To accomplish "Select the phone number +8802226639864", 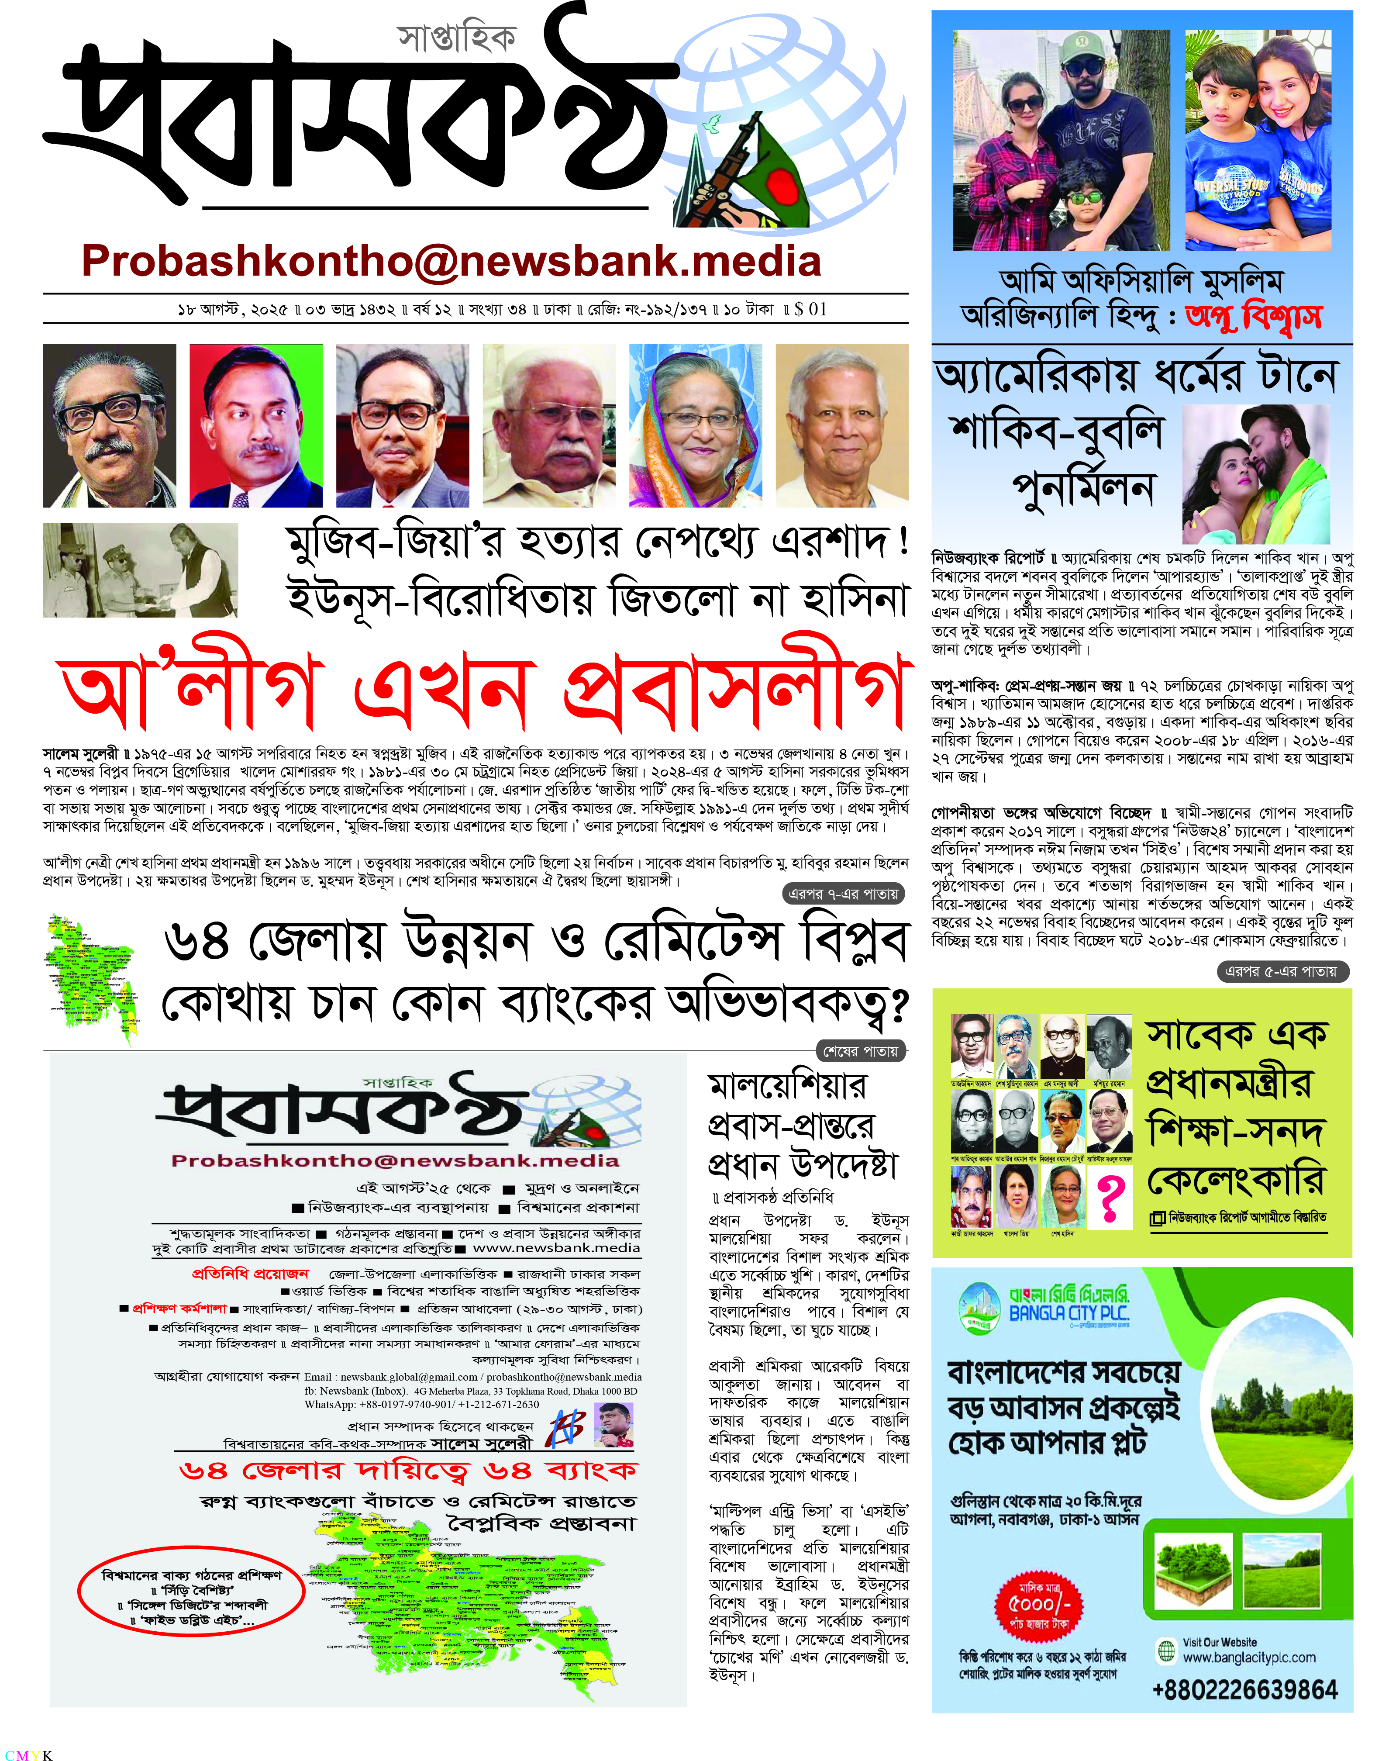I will click(1244, 1689).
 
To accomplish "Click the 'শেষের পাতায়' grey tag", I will click(860, 1051).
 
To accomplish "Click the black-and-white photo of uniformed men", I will click(140, 570).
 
